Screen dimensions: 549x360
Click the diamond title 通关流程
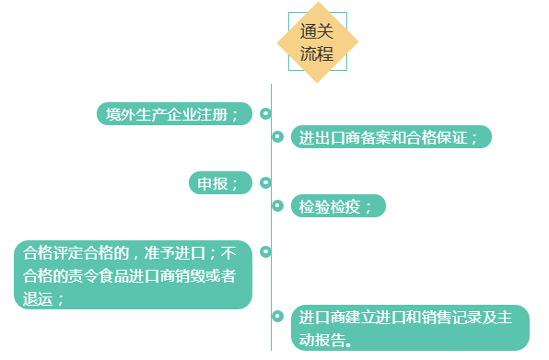click(317, 42)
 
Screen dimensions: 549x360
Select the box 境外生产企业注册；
click(174, 114)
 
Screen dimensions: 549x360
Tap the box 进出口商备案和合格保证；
click(391, 137)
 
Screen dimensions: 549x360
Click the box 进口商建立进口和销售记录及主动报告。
click(410, 328)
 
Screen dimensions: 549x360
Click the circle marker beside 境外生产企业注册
click(265, 114)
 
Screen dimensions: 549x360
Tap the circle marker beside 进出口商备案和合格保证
click(277, 137)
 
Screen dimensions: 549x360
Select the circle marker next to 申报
click(265, 183)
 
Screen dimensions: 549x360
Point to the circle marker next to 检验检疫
click(277, 206)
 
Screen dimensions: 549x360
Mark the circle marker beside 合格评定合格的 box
click(265, 251)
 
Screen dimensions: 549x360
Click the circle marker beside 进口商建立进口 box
click(277, 317)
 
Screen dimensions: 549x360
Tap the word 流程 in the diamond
click(316, 53)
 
